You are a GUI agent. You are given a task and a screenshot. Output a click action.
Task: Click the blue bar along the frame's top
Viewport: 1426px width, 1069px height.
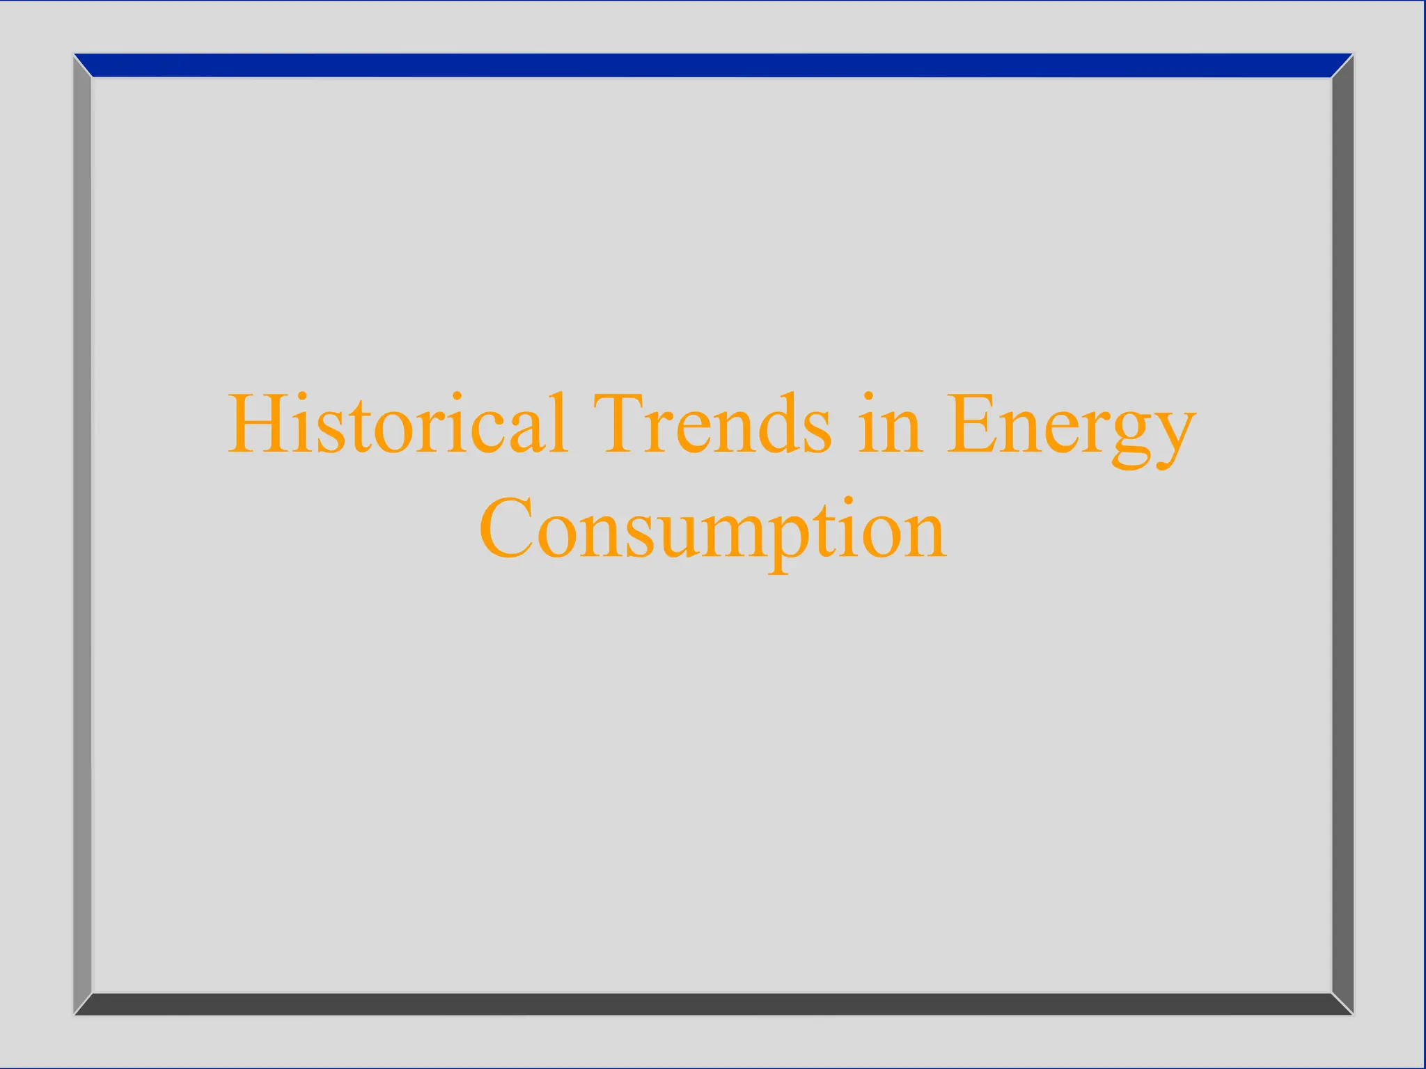pyautogui.click(x=713, y=65)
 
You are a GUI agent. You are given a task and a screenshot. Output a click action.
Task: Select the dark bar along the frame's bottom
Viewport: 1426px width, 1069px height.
pyautogui.click(x=713, y=1004)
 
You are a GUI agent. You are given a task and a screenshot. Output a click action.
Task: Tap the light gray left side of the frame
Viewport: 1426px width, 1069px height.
pyautogui.click(x=83, y=534)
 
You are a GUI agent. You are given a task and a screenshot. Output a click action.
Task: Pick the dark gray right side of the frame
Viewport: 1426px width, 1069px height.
pyautogui.click(x=1342, y=534)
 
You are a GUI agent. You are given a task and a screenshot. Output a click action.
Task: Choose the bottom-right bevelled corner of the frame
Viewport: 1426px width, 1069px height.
pyautogui.click(x=1342, y=1004)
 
